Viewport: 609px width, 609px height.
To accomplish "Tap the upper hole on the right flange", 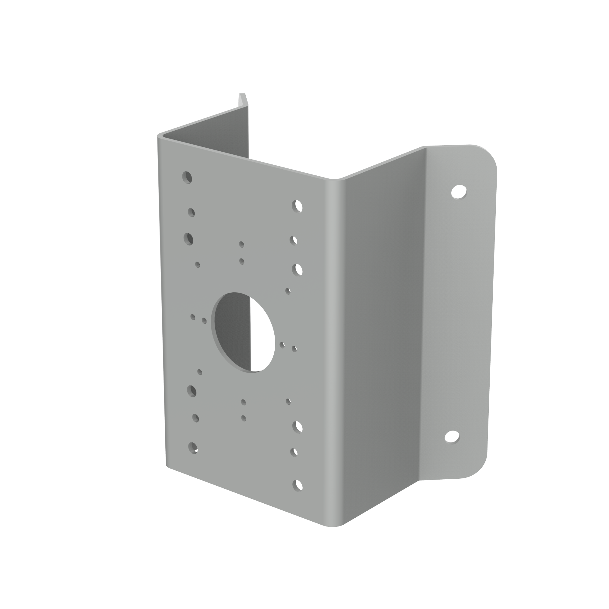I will click(x=459, y=192).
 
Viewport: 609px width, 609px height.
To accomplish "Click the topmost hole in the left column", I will click(x=187, y=178).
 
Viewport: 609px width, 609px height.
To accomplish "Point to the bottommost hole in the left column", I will click(x=193, y=448).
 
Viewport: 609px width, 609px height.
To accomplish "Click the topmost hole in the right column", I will click(x=297, y=206).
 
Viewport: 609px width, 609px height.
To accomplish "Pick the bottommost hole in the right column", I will click(x=297, y=485).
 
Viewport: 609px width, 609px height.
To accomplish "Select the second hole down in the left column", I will click(x=191, y=212).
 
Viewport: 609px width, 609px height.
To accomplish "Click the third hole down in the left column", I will click(x=188, y=239).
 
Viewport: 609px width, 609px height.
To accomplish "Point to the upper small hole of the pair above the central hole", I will click(x=241, y=244).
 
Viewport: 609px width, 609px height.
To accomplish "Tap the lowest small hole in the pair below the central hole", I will click(x=243, y=418).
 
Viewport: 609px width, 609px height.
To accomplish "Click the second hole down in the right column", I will click(x=294, y=241).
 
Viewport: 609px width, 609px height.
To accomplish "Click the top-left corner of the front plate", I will click(x=159, y=136).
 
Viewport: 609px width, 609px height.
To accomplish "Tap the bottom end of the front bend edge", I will click(x=333, y=526).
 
